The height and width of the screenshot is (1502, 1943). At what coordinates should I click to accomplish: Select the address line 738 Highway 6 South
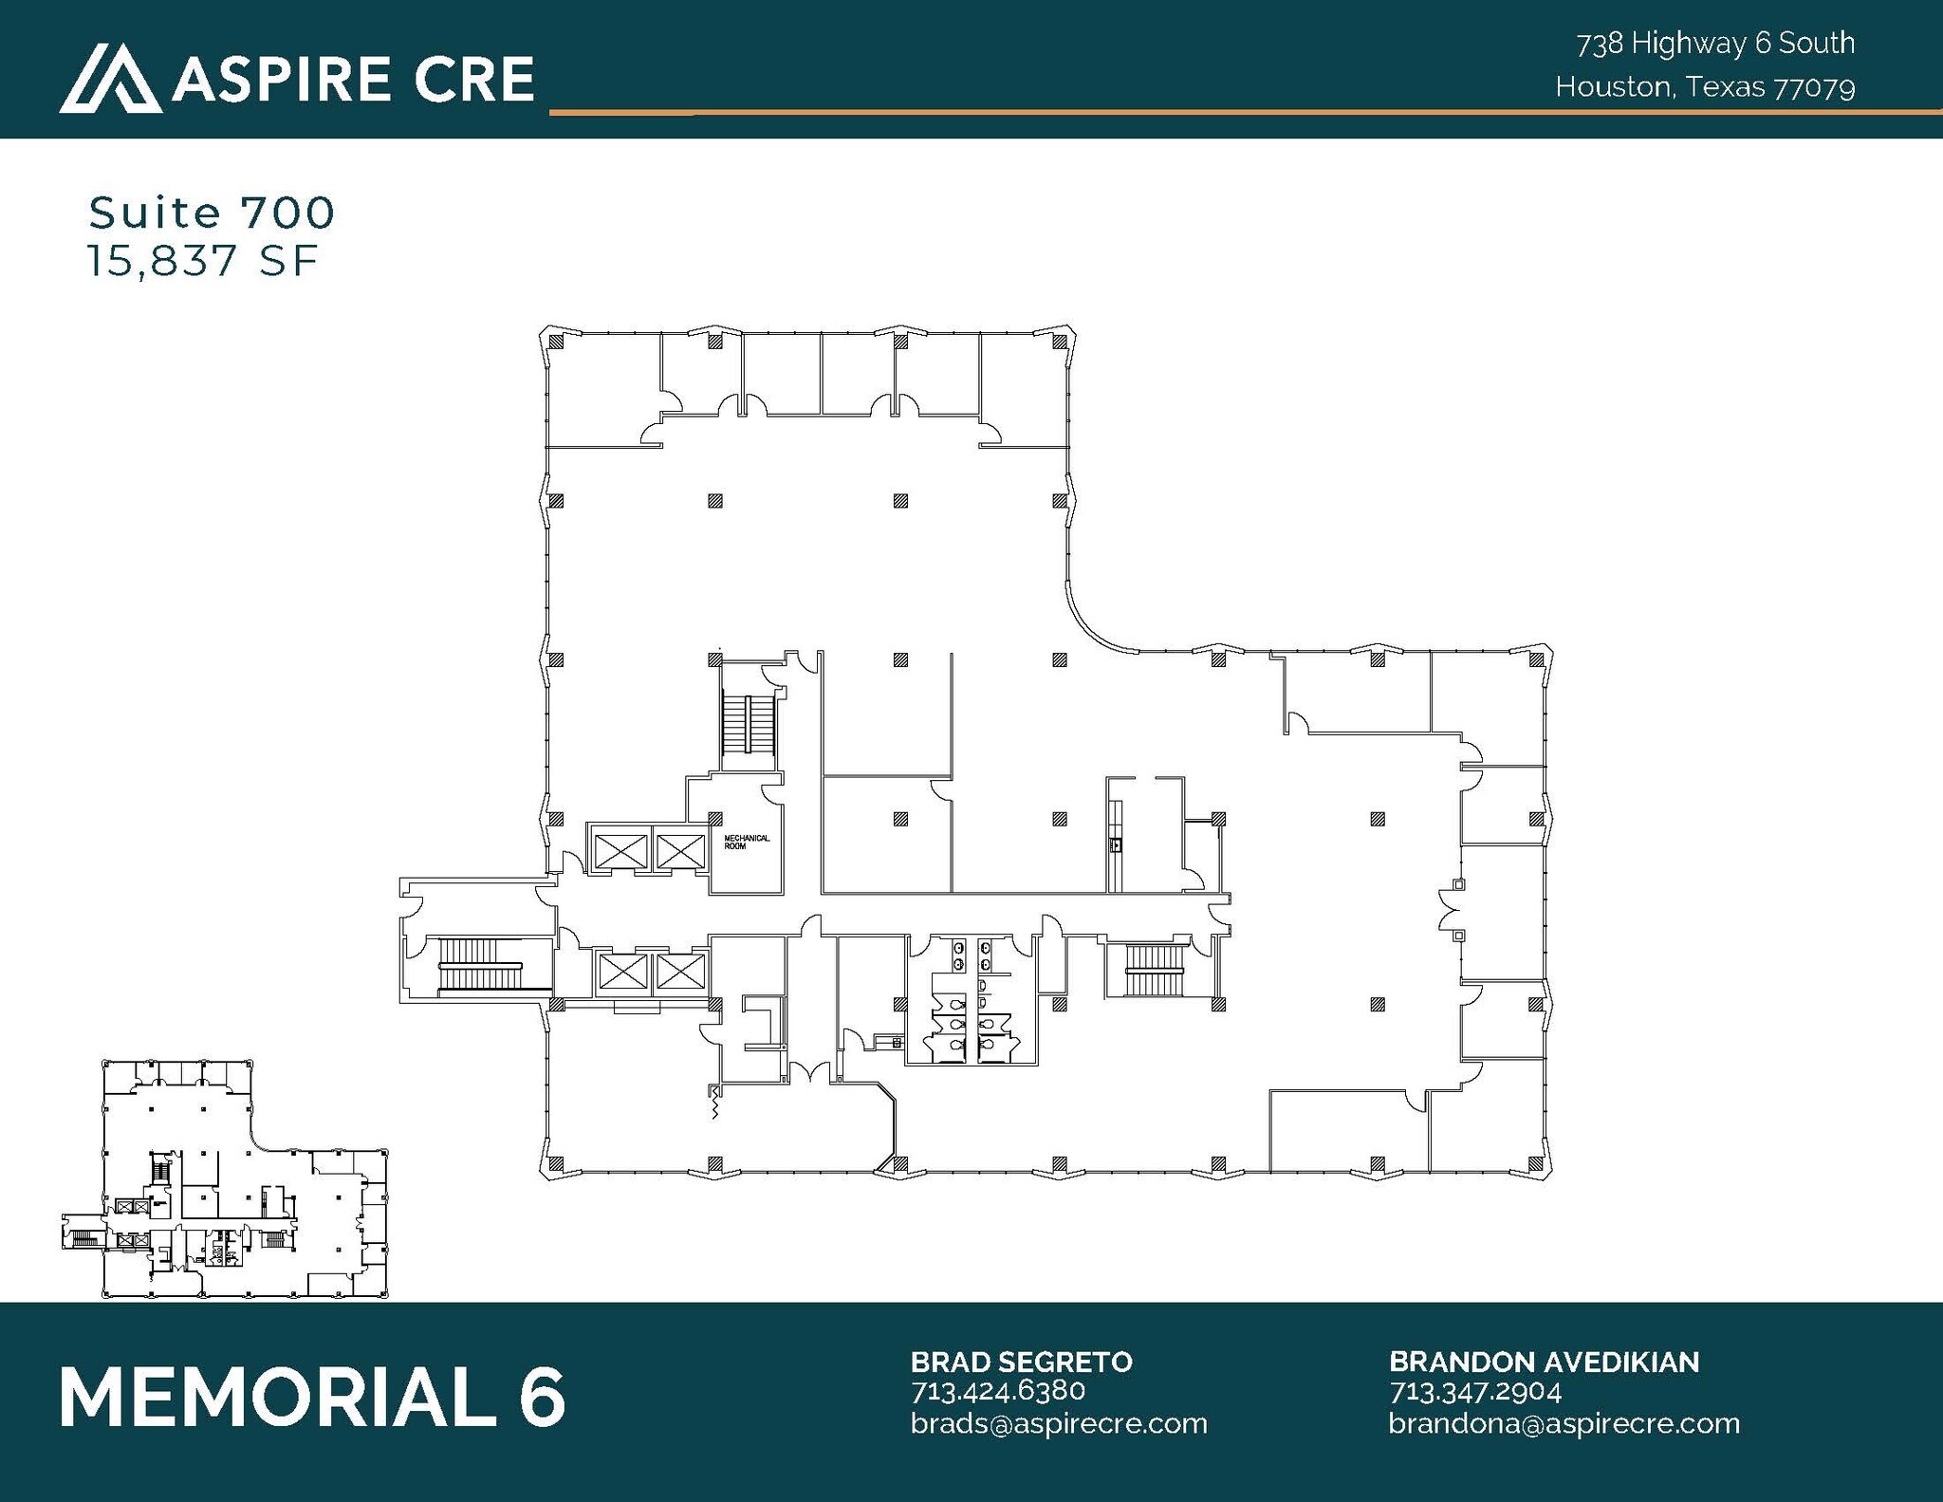coord(1715,44)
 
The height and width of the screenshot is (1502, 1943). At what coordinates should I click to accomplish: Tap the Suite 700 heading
coord(212,213)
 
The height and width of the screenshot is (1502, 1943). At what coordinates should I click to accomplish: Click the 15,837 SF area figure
coord(203,261)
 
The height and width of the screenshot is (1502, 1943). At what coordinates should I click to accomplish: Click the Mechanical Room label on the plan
coord(747,842)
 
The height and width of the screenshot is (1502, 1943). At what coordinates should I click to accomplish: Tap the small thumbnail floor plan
coord(226,1178)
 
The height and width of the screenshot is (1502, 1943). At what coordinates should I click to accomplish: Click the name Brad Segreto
coord(1021,1362)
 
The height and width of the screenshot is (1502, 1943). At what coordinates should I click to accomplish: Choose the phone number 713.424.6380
coord(998,1391)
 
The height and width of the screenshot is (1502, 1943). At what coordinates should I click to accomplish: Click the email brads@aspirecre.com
coord(1059,1423)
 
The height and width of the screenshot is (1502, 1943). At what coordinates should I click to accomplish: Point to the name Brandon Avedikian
coord(1544,1362)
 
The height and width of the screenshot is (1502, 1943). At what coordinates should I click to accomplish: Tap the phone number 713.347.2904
coord(1475,1391)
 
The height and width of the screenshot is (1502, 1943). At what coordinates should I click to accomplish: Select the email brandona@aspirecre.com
coord(1564,1423)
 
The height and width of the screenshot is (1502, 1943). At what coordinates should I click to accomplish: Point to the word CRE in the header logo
coord(469,79)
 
